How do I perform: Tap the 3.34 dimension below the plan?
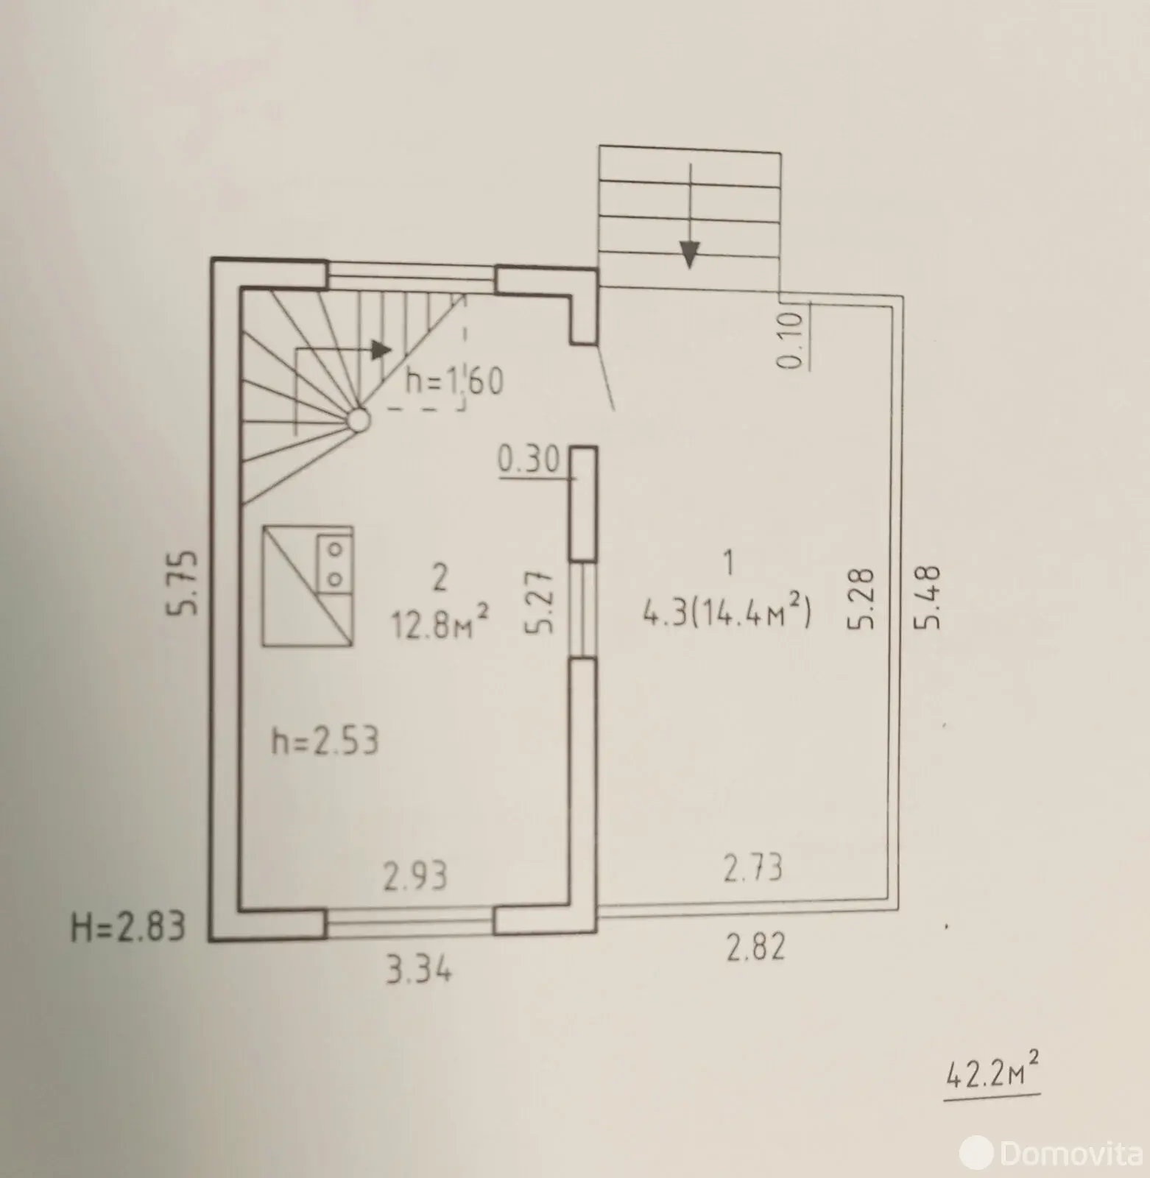pyautogui.click(x=419, y=971)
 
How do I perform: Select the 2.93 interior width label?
pyautogui.click(x=415, y=876)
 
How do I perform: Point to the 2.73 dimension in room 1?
pyautogui.click(x=752, y=867)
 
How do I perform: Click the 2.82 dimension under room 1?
pyautogui.click(x=756, y=947)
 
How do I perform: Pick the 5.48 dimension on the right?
pyautogui.click(x=928, y=596)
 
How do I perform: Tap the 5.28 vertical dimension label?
pyautogui.click(x=861, y=597)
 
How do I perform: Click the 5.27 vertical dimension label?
pyautogui.click(x=540, y=601)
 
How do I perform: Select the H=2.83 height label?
pyautogui.click(x=128, y=927)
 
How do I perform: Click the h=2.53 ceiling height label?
pyautogui.click(x=325, y=741)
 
